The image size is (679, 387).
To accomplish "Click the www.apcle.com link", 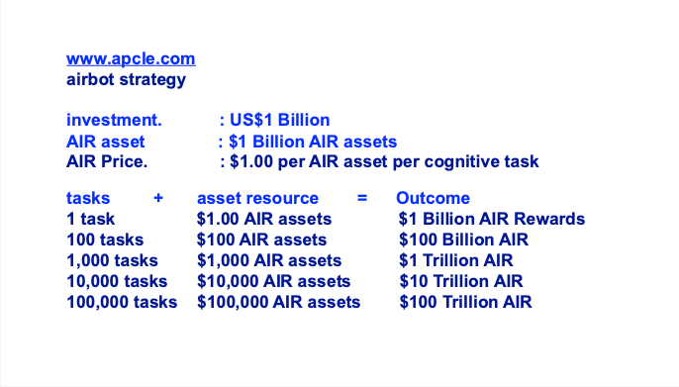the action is pos(131,59).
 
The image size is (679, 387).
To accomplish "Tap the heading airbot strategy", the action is pos(126,80).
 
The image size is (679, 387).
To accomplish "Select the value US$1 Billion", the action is pos(279,120).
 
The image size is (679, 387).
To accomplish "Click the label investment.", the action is pos(114,120).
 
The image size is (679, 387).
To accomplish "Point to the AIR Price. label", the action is pos(107,161).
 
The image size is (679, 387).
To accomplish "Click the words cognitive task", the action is pos(481,162).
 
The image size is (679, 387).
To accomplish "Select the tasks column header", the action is pos(88,198).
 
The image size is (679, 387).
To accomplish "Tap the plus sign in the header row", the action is pos(158,198).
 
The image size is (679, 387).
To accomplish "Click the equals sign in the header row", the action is pos(362,198).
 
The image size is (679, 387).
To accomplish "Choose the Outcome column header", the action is pos(434,198).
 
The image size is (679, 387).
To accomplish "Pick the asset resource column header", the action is pos(257,198).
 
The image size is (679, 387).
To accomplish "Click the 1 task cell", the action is pos(90,219).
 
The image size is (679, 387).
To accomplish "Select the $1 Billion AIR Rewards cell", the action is pos(492,219).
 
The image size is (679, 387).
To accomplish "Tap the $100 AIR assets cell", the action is pos(261,240).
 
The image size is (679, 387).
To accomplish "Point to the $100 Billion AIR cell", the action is pos(464,240).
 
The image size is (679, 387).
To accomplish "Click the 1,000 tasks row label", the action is pos(112,261).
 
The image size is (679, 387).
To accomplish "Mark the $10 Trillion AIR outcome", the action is pos(461,281).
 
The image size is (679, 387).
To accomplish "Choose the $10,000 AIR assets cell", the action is pos(273,282).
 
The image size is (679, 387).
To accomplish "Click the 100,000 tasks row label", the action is pos(122,303).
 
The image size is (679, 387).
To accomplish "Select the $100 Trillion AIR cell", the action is pos(465,302).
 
